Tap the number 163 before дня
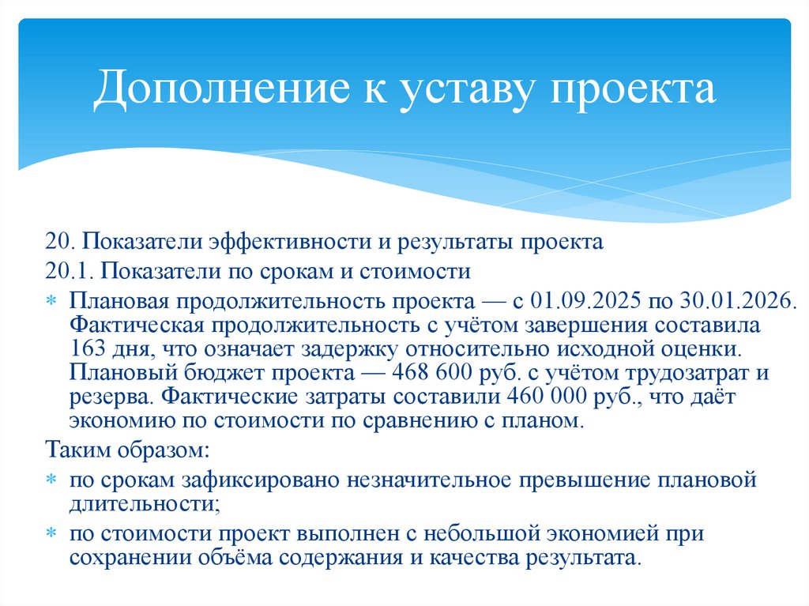[x=85, y=348]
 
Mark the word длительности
[x=141, y=502]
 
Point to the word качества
[x=471, y=557]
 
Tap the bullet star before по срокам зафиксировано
[x=51, y=480]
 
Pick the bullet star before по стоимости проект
[x=51, y=534]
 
